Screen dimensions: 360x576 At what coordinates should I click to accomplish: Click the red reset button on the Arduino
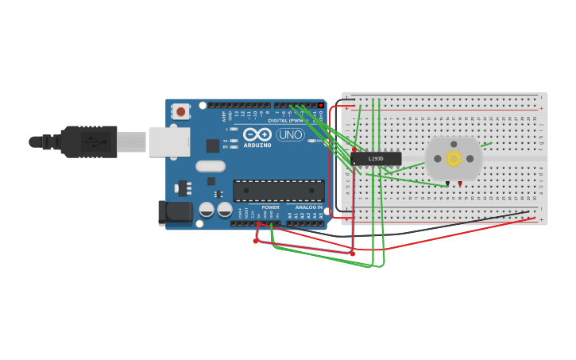coord(181,112)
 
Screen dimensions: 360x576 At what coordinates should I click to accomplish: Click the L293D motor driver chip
coord(376,159)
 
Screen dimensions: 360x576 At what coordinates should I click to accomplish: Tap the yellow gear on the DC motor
coord(454,158)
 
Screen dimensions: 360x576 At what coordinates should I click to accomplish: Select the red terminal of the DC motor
coord(459,184)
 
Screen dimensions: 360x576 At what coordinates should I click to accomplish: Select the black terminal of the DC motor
coord(448,184)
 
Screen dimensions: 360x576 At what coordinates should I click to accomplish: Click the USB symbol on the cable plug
coord(95,142)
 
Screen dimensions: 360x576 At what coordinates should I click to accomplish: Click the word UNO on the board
coord(290,135)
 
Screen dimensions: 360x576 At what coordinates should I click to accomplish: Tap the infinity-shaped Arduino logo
coord(257,134)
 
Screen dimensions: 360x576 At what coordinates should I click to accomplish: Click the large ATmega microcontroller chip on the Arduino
coord(278,191)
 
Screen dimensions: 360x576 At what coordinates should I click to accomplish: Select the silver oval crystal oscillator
coord(211,166)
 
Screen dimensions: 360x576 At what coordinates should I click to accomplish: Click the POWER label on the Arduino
coord(270,207)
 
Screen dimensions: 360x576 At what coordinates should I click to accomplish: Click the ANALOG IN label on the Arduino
coord(309,207)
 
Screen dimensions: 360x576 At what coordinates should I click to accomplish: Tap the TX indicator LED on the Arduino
coord(234,141)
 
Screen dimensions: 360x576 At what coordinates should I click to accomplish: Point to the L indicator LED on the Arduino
coord(234,129)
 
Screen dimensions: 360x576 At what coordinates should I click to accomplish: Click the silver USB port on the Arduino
coord(169,142)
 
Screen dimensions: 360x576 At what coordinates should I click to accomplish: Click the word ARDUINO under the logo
coord(257,145)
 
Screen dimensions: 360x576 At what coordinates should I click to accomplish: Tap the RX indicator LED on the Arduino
coord(234,147)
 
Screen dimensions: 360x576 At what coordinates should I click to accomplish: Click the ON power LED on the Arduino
coord(312,141)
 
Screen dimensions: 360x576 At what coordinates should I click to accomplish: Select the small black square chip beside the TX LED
coord(213,145)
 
